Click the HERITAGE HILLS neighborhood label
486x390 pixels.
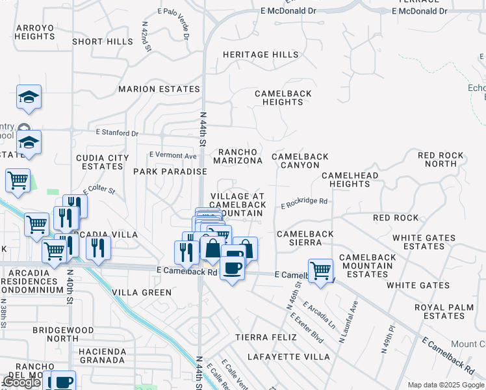click(x=261, y=55)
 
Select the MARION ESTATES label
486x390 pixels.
click(x=159, y=89)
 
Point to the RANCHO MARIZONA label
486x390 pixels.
click(x=238, y=156)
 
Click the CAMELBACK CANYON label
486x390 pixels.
click(x=300, y=161)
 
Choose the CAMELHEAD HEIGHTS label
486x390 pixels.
click(x=350, y=180)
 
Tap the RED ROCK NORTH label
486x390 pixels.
click(x=441, y=159)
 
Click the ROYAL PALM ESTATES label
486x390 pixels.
click(x=439, y=311)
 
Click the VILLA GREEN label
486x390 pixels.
click(x=142, y=292)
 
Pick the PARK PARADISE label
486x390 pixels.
click(x=170, y=172)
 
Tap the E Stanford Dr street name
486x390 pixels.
click(x=117, y=133)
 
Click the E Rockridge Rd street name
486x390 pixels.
click(x=304, y=203)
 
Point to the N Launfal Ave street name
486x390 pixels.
click(x=349, y=322)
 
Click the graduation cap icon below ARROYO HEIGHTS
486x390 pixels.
click(x=29, y=97)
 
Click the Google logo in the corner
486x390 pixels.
click(x=21, y=382)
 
